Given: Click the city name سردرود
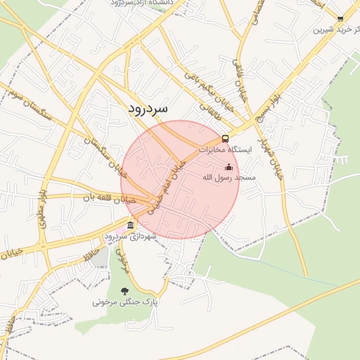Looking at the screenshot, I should tap(148, 109).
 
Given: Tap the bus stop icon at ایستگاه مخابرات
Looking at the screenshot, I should tap(225, 139).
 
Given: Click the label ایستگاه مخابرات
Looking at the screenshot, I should tap(224, 150).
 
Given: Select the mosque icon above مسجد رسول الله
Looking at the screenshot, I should tap(228, 167).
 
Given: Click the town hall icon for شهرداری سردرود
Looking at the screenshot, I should tap(130, 225).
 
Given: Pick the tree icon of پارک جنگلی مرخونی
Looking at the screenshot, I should tap(125, 291).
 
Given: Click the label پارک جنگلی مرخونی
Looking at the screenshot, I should tap(126, 302).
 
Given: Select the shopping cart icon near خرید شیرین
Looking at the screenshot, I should tap(340, 19).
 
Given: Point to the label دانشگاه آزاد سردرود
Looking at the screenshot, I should tap(144, 4).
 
